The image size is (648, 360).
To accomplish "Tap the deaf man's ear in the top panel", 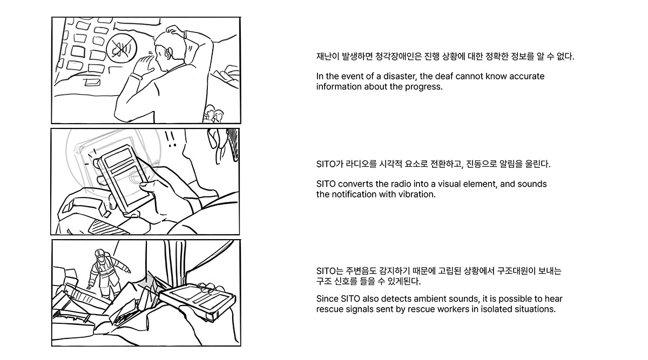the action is [168, 53].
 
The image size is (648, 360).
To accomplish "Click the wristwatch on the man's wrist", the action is [137, 76].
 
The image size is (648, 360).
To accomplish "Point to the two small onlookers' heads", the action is [214, 113].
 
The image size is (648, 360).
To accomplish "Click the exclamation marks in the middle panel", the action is [171, 139].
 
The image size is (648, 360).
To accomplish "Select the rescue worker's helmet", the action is [100, 253].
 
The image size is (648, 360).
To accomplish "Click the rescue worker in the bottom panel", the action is [106, 274].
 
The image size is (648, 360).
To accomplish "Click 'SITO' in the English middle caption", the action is [326, 184].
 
